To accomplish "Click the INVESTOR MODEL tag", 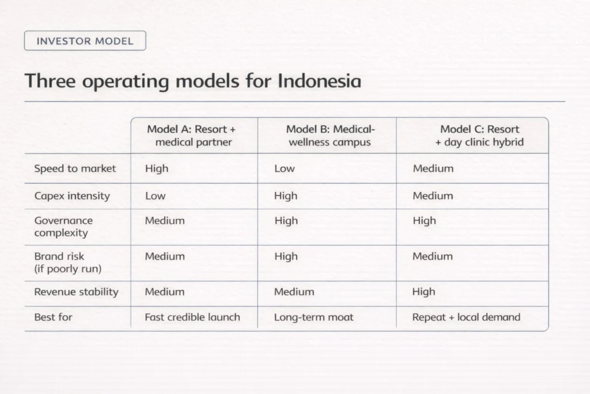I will pyautogui.click(x=85, y=41).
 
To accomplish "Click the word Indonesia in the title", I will pyautogui.click(x=319, y=81).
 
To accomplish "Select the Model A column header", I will pyautogui.click(x=192, y=136).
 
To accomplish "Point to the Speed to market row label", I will pyautogui.click(x=75, y=168).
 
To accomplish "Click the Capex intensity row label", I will pyautogui.click(x=72, y=196).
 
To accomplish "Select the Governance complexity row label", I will pyautogui.click(x=63, y=227).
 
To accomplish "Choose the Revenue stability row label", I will pyautogui.click(x=76, y=292).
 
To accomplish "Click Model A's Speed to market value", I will pyautogui.click(x=157, y=168).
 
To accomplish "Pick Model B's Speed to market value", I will pyautogui.click(x=284, y=168).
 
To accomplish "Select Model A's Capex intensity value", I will pyautogui.click(x=155, y=196).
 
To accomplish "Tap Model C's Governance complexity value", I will pyautogui.click(x=424, y=220).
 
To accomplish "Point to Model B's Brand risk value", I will pyautogui.click(x=286, y=256).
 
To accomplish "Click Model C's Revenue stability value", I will pyautogui.click(x=423, y=292).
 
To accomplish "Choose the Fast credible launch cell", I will pyautogui.click(x=192, y=317).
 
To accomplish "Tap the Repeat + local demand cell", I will pyautogui.click(x=466, y=317).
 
